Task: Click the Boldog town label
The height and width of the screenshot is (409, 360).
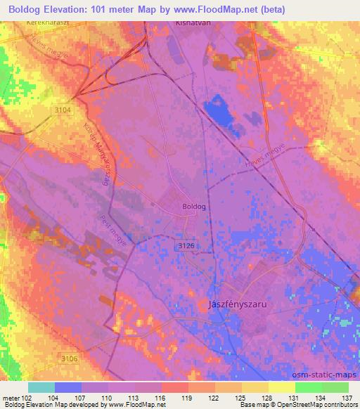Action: pyautogui.click(x=193, y=207)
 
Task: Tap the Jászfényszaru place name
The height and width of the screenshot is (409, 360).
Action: pyautogui.click(x=240, y=304)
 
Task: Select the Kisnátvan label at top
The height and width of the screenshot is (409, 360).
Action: pyautogui.click(x=193, y=22)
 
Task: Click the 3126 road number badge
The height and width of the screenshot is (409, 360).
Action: pyautogui.click(x=185, y=245)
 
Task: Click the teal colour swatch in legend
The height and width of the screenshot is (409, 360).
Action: pyautogui.click(x=41, y=387)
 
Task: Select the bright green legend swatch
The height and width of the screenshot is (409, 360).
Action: pyautogui.click(x=309, y=387)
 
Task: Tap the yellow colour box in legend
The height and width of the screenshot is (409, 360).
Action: pyautogui.click(x=282, y=387)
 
